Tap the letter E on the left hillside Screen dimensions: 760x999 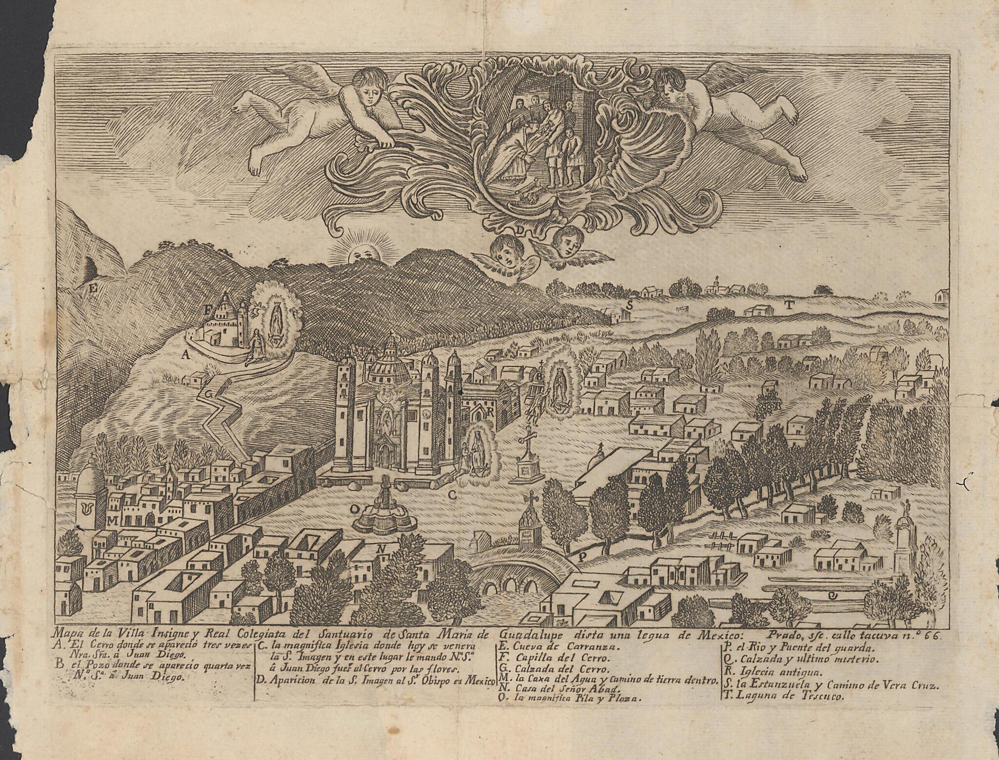(x=92, y=289)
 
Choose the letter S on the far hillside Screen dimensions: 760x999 (x=630, y=305)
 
